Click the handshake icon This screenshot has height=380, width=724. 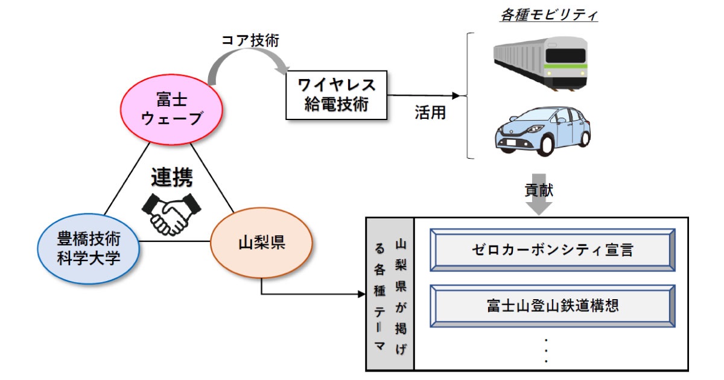(171, 213)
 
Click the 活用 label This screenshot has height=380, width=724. (430, 113)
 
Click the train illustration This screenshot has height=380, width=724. (540, 63)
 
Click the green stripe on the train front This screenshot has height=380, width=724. (565, 68)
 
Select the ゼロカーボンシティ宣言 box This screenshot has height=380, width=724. (552, 249)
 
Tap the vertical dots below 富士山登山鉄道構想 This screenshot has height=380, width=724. (546, 351)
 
